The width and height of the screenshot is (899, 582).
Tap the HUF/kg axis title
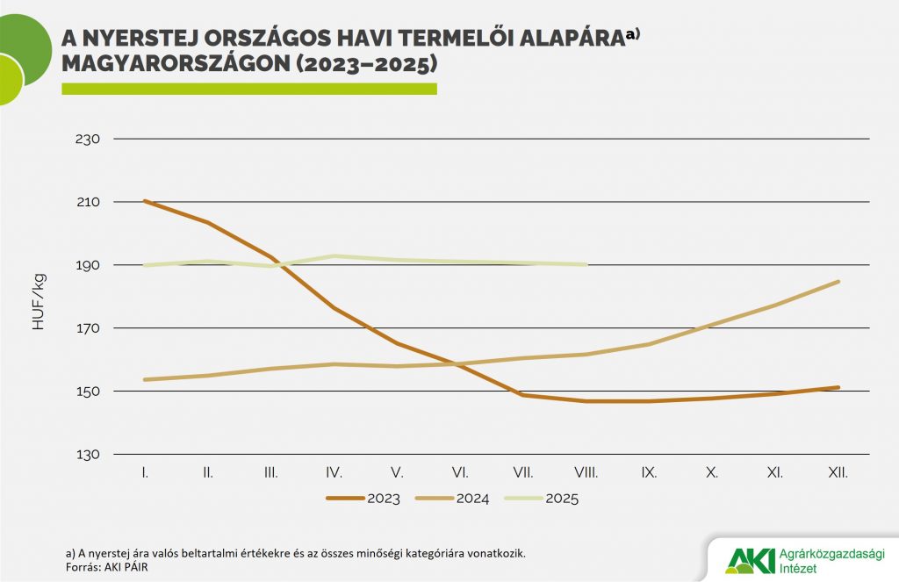coord(39,301)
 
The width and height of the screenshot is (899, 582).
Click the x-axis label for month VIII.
coord(586,472)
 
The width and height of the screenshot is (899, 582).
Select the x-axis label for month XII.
coord(838,472)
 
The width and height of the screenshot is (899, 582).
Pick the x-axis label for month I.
coord(144,472)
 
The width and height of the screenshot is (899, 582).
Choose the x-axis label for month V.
coord(397,472)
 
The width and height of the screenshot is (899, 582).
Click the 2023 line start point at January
coord(145,201)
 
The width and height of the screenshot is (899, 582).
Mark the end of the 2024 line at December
coord(838,282)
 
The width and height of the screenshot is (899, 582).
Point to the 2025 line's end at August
coord(586,264)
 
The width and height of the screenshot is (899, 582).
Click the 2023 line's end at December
coord(838,387)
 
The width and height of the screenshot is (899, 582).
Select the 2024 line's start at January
coord(145,379)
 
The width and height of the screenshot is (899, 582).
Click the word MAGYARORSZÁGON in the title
coord(175,64)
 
